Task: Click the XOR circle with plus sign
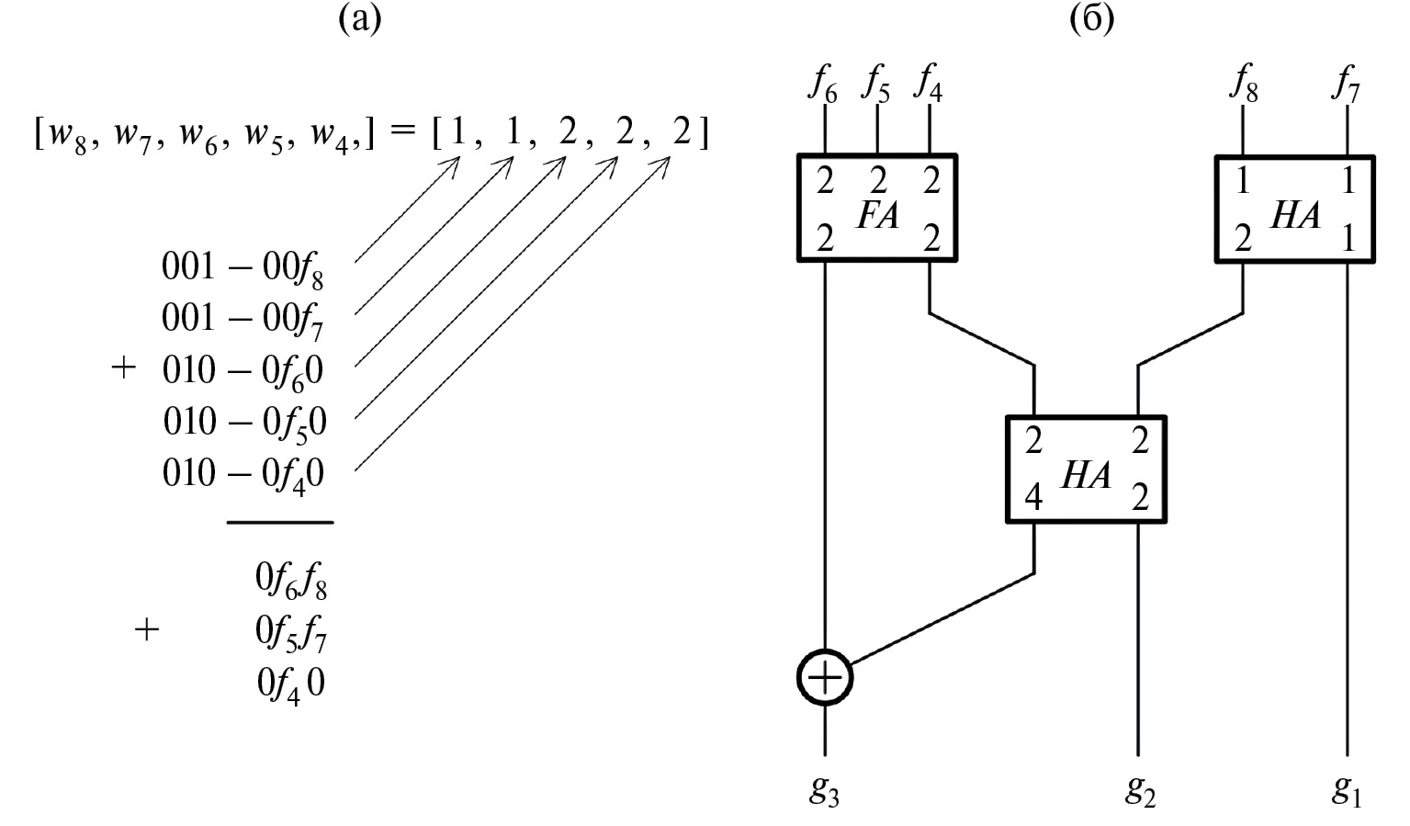click(825, 678)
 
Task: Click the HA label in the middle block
click(1086, 476)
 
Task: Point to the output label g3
click(824, 791)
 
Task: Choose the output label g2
click(1140, 791)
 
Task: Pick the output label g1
click(1347, 791)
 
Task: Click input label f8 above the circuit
click(1244, 85)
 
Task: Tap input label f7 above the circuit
click(1347, 85)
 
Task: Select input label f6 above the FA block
click(823, 85)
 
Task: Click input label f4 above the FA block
click(928, 85)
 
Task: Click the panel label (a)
click(359, 18)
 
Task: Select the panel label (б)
click(1092, 18)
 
